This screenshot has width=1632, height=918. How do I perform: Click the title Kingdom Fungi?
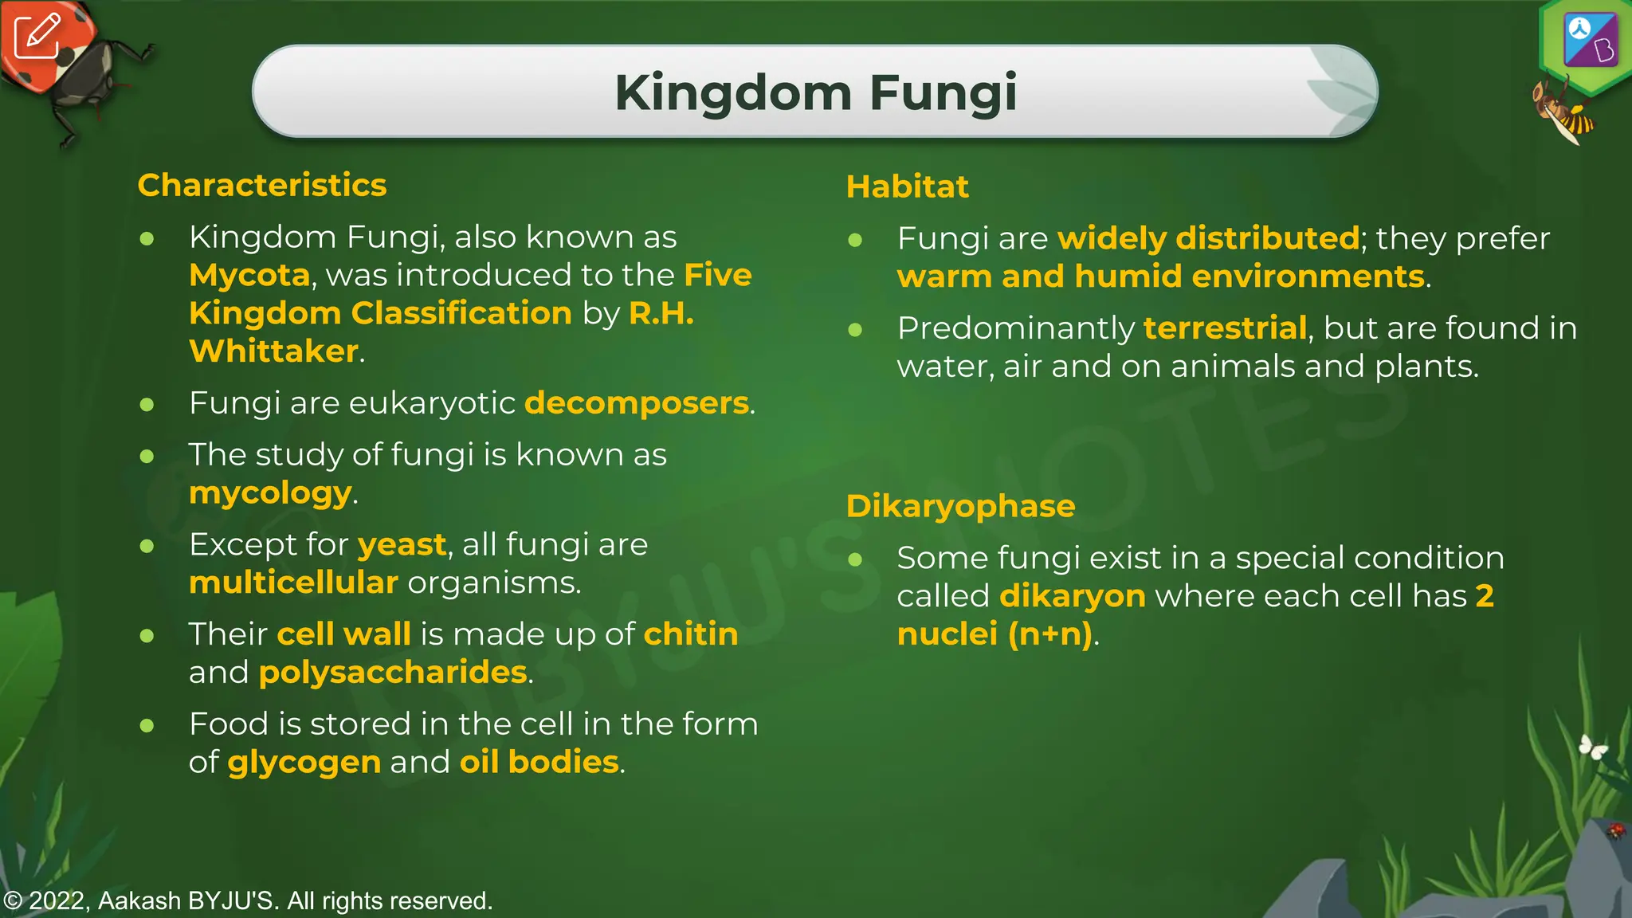pyautogui.click(x=815, y=92)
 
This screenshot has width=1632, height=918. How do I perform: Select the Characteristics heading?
pyautogui.click(x=261, y=185)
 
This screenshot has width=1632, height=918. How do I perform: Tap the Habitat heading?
pyautogui.click(x=907, y=186)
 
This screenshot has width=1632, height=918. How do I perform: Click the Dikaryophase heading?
pyautogui.click(x=960, y=506)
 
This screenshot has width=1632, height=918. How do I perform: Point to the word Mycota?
pyautogui.click(x=249, y=275)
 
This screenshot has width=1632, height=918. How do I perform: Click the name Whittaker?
pyautogui.click(x=273, y=351)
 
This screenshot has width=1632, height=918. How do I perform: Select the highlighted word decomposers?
pyautogui.click(x=637, y=403)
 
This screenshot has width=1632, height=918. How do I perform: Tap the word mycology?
pyautogui.click(x=270, y=493)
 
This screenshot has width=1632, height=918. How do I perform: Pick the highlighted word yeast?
pyautogui.click(x=402, y=545)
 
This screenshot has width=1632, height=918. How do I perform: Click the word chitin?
pyautogui.click(x=690, y=634)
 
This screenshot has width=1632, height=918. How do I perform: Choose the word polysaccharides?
pyautogui.click(x=393, y=673)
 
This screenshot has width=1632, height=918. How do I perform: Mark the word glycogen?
pyautogui.click(x=304, y=763)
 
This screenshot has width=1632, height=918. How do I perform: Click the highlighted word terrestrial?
pyautogui.click(x=1225, y=328)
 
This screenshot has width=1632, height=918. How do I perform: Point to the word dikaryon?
pyautogui.click(x=1072, y=596)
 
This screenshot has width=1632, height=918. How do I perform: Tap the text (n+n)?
pyautogui.click(x=1049, y=634)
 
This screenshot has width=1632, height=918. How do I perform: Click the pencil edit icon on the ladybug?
pyautogui.click(x=37, y=36)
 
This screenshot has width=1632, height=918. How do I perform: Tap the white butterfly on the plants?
pyautogui.click(x=1593, y=747)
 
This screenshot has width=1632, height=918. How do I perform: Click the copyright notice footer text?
pyautogui.click(x=247, y=900)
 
